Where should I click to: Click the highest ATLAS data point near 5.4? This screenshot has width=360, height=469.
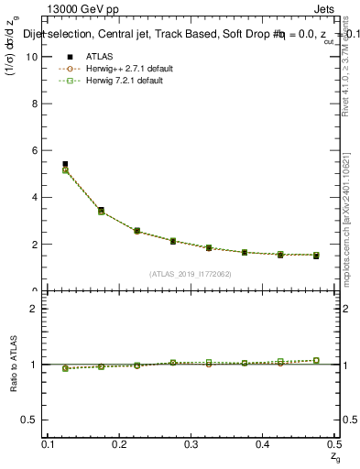[65, 164]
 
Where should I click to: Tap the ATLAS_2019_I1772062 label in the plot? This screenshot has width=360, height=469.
[191, 273]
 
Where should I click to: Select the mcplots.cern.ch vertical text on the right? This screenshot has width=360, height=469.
[347, 229]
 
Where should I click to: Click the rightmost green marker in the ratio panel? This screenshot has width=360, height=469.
[316, 360]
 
